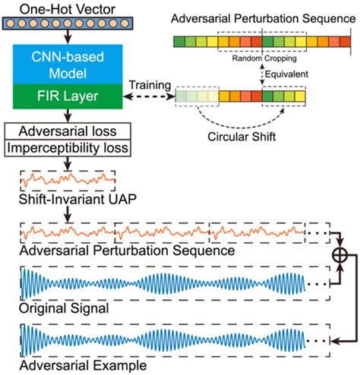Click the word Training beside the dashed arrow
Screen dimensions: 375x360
click(149, 83)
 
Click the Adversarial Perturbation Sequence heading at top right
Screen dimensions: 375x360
click(260, 17)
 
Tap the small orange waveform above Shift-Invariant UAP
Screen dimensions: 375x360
click(68, 180)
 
